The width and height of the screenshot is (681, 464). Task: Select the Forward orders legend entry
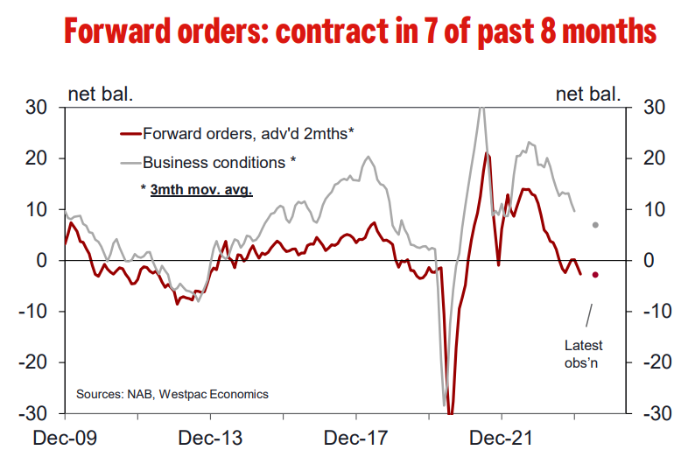tap(247, 133)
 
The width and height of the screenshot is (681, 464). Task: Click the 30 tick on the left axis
tap(45, 108)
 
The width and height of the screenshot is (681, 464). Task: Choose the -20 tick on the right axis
tap(656, 362)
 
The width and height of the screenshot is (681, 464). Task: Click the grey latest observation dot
tap(595, 225)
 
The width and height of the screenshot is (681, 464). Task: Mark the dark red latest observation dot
tap(595, 275)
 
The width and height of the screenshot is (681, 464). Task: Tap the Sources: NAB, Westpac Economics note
tap(172, 394)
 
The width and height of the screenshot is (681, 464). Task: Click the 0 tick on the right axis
tap(649, 261)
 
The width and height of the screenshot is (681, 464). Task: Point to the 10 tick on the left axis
tap(45, 210)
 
